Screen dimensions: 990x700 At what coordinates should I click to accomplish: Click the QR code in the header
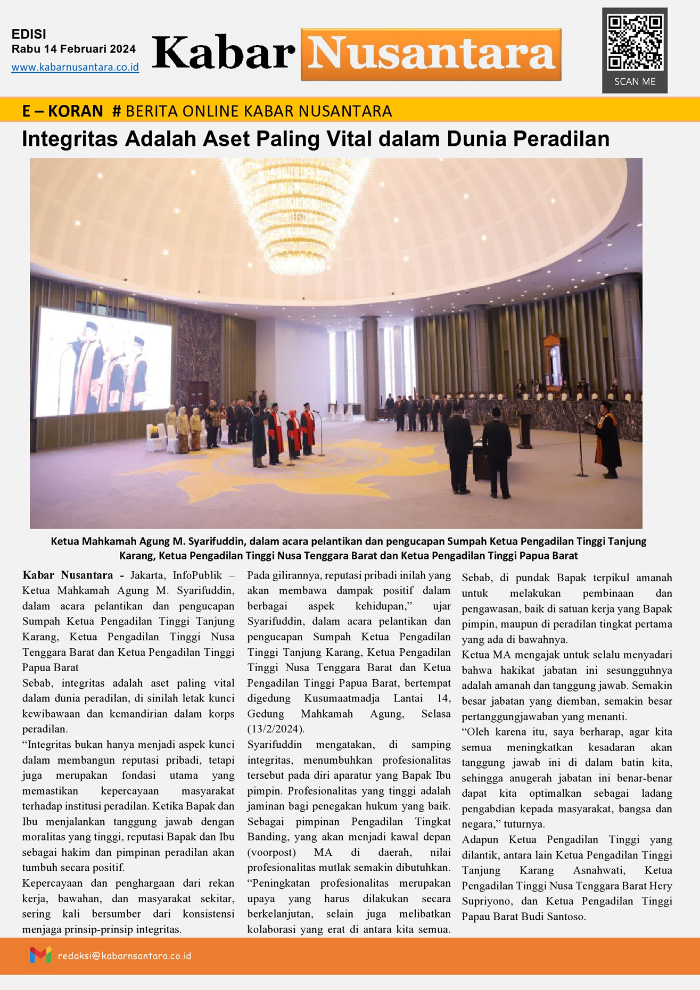(635, 43)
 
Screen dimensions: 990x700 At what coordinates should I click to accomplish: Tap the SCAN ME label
(635, 82)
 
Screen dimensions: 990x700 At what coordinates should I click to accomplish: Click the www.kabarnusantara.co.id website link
(75, 68)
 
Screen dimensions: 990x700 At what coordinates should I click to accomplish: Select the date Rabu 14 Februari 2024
(73, 49)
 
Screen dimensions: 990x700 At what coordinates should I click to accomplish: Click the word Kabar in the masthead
(224, 54)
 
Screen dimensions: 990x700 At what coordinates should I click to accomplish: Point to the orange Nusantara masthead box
(431, 54)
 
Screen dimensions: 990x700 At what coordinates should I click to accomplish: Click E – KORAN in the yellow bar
(62, 111)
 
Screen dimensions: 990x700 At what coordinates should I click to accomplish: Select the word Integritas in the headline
(70, 139)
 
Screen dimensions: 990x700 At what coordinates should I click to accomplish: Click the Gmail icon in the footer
(40, 955)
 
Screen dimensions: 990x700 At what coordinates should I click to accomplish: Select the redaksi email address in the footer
(124, 956)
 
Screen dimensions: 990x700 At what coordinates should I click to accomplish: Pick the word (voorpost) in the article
(271, 852)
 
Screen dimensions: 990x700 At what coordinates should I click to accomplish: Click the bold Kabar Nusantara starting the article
(68, 575)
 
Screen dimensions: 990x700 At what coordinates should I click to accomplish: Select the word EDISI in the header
(29, 35)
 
